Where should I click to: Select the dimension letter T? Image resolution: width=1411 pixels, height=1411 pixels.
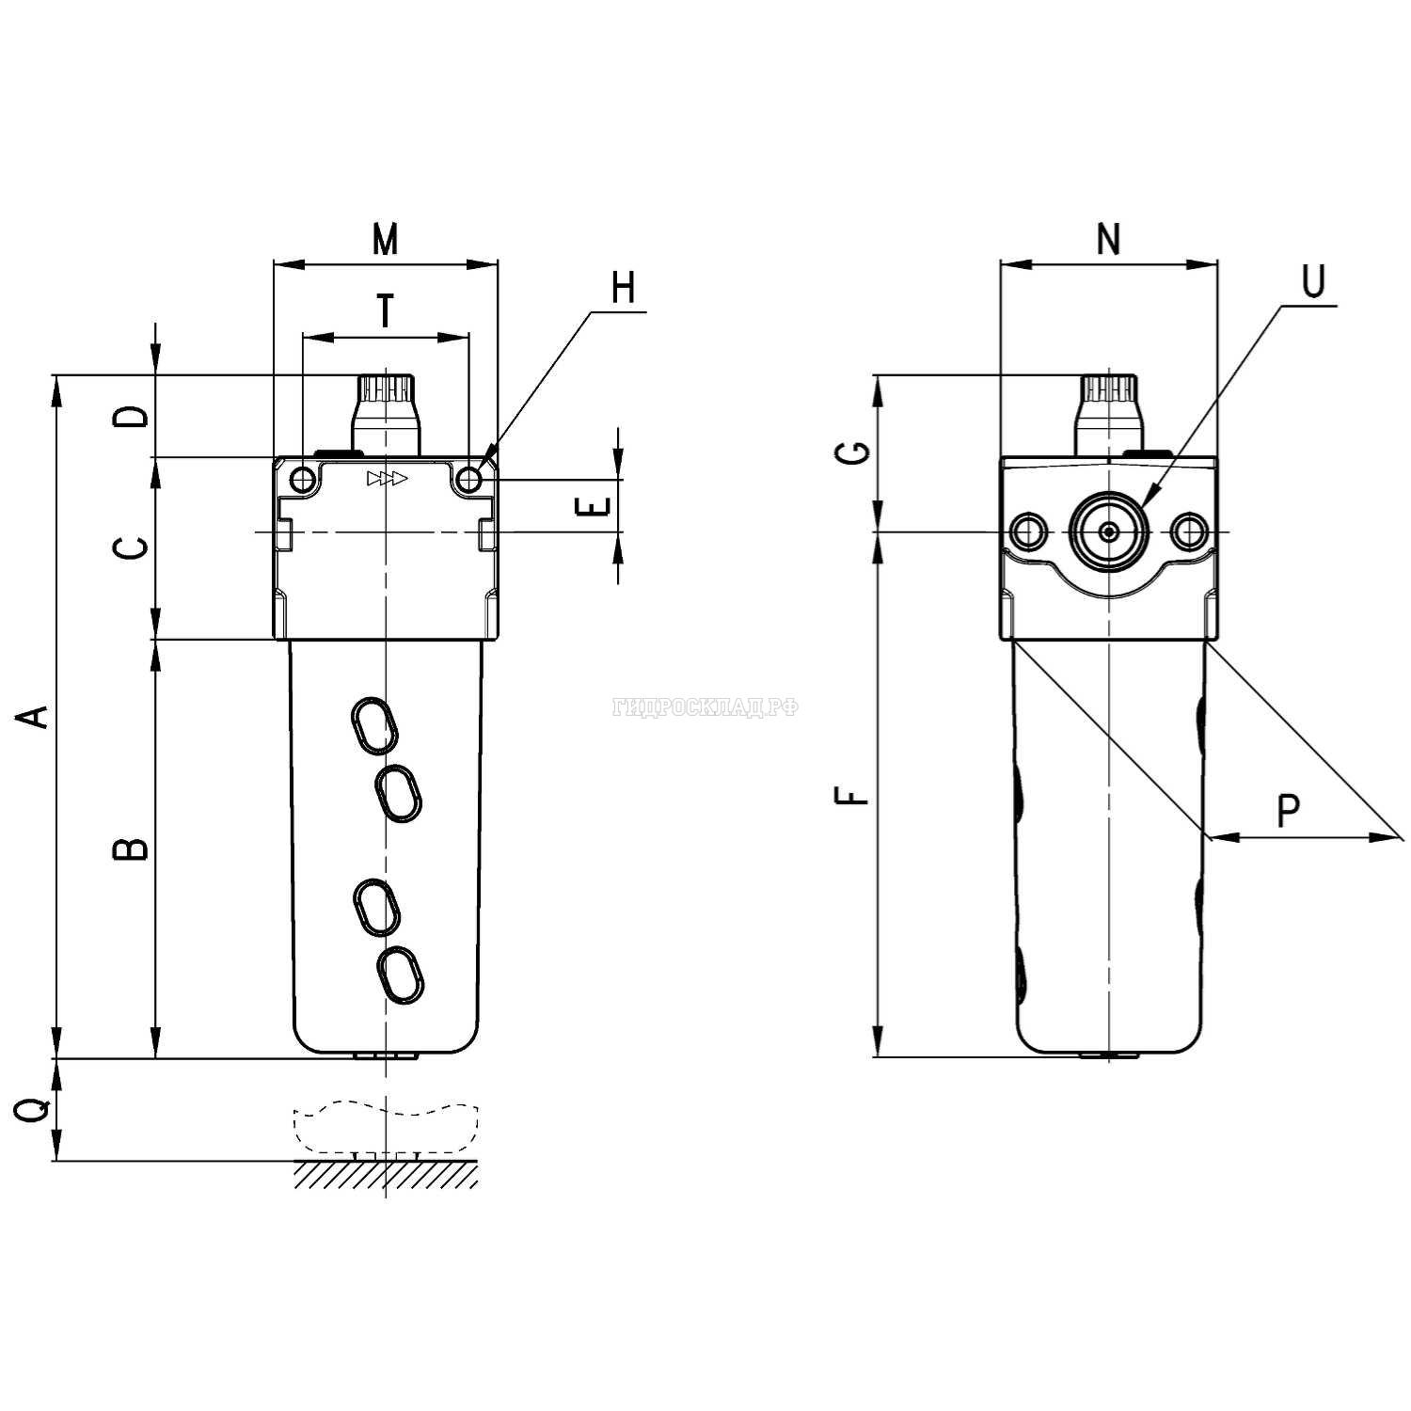pyautogui.click(x=385, y=310)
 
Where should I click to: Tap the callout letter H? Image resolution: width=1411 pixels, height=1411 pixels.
pyautogui.click(x=623, y=288)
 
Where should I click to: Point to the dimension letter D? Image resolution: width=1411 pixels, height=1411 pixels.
pyautogui.click(x=135, y=416)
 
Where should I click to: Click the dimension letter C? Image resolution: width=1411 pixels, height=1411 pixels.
pyautogui.click(x=135, y=547)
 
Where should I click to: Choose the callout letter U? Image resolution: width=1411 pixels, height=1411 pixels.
pyautogui.click(x=1313, y=281)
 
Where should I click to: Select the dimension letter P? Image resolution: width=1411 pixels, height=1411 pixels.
pyautogui.click(x=1288, y=809)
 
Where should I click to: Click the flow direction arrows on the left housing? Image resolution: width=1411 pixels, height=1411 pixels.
pyautogui.click(x=387, y=479)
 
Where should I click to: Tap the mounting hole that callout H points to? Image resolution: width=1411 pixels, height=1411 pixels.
pyautogui.click(x=468, y=481)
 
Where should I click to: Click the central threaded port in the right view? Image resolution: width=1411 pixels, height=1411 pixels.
pyautogui.click(x=1110, y=532)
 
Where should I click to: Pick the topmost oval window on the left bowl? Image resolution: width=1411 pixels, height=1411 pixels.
pyautogui.click(x=373, y=725)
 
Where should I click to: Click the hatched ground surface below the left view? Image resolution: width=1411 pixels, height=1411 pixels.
pyautogui.click(x=386, y=1174)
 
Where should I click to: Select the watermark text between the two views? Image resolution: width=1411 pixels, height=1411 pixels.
pyautogui.click(x=705, y=707)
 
